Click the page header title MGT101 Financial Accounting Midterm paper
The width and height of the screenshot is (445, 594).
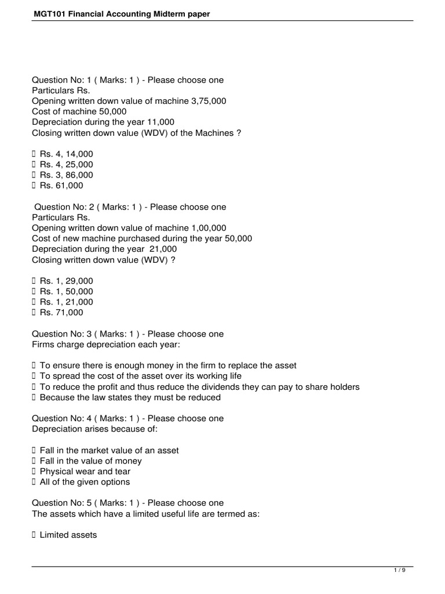pyautogui.click(x=121, y=14)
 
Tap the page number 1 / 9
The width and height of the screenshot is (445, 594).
pyautogui.click(x=400, y=570)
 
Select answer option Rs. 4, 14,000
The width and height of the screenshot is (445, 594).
pyautogui.click(x=66, y=154)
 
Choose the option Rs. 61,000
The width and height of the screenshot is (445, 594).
pyautogui.click(x=61, y=186)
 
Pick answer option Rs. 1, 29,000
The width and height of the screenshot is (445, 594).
pyautogui.click(x=66, y=281)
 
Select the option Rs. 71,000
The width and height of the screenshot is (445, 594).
pyautogui.click(x=61, y=313)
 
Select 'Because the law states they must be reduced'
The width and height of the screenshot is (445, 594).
pyautogui.click(x=130, y=397)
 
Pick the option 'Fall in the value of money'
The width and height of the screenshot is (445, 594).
pyautogui.click(x=90, y=461)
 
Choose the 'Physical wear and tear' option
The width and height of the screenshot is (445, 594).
pyautogui.click(x=85, y=472)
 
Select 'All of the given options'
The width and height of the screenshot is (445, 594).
pyautogui.click(x=85, y=482)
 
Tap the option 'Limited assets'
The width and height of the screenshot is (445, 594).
pyautogui.click(x=68, y=535)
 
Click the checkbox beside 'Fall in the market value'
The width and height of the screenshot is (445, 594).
pyautogui.click(x=34, y=450)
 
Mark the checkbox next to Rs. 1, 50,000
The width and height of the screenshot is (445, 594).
pyautogui.click(x=34, y=292)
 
